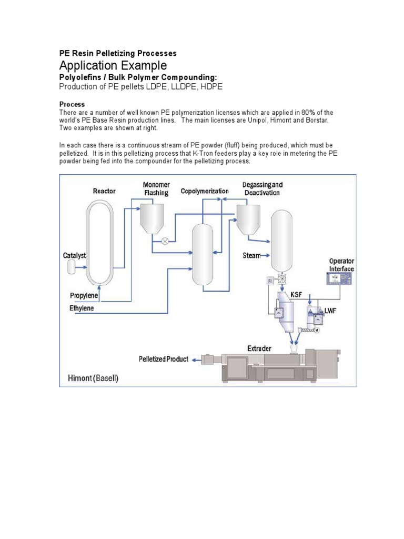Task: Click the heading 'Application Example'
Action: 113,66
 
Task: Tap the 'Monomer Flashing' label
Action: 156,189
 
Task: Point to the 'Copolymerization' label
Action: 205,191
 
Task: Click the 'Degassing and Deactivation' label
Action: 262,188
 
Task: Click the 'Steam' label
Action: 251,256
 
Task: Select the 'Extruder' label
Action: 260,348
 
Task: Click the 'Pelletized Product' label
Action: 164,359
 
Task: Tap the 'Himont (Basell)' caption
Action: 94,378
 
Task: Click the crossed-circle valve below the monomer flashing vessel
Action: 165,241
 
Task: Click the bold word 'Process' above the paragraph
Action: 72,104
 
